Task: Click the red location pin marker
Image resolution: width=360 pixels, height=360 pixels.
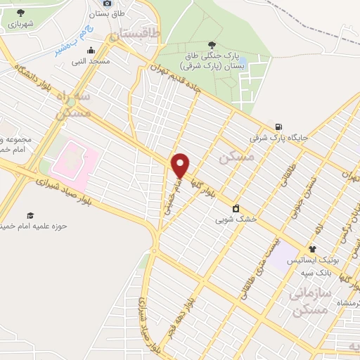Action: tap(181, 165)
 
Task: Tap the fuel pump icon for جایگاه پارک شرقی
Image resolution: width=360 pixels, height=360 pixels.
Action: tap(280, 127)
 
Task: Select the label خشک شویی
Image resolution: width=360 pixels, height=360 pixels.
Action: tap(236, 219)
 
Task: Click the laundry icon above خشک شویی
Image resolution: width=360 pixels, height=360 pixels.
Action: tap(236, 208)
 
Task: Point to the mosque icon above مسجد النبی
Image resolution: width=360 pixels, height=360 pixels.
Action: tap(91, 51)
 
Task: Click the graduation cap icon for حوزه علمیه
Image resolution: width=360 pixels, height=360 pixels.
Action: tap(30, 214)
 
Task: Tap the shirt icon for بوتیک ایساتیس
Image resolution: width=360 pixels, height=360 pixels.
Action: tap(313, 249)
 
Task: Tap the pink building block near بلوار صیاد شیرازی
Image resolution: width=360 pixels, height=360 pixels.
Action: tap(72, 159)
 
